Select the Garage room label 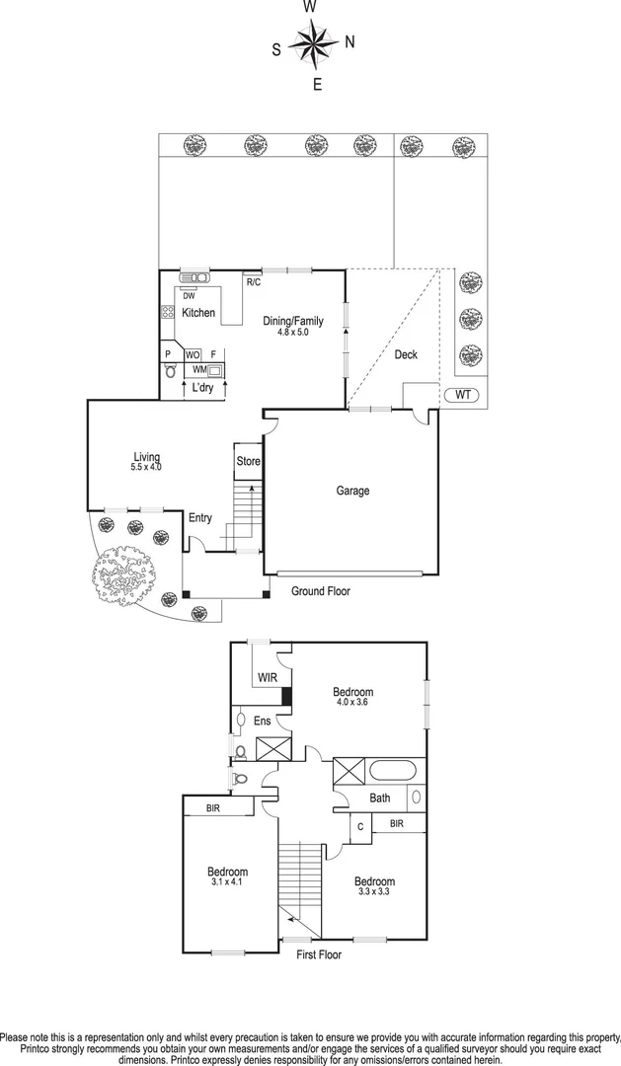(352, 491)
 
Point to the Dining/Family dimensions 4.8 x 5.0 (292, 333)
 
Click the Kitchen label (197, 313)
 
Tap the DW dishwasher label (189, 295)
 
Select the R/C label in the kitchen (254, 283)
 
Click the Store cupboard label (248, 461)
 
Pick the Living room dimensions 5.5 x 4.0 (146, 467)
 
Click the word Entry (200, 518)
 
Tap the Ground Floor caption (320, 591)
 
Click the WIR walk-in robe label (267, 678)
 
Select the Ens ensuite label (263, 722)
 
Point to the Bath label (380, 798)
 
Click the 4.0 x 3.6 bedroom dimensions (353, 704)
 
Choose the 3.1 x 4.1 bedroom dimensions (227, 883)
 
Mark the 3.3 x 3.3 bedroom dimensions (374, 892)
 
